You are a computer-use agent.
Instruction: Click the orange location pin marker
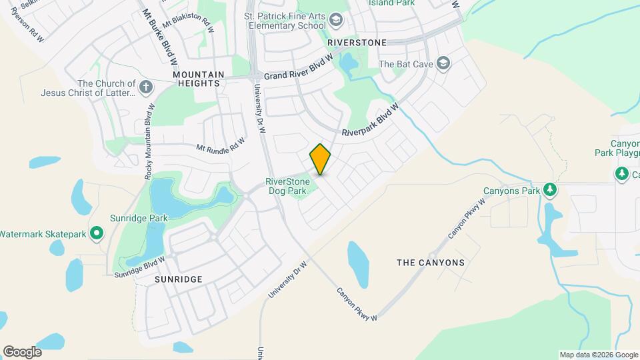(x=321, y=159)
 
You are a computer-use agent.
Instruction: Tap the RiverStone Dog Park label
(x=286, y=185)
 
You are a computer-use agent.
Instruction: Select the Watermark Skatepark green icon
(x=97, y=233)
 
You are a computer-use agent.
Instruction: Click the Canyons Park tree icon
(x=550, y=191)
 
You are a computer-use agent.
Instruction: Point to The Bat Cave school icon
(x=443, y=64)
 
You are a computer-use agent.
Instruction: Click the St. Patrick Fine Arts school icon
(x=337, y=22)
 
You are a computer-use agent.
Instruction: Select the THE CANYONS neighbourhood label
(x=431, y=263)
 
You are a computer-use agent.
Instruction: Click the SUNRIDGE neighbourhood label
(x=178, y=279)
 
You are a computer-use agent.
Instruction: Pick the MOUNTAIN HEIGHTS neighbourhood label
(x=196, y=79)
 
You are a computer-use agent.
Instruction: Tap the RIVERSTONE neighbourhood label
(x=357, y=42)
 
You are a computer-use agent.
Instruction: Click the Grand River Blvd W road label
(x=298, y=67)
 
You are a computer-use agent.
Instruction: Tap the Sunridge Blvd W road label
(x=139, y=266)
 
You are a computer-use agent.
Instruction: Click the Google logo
(x=22, y=351)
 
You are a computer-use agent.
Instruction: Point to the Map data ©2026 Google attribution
(x=597, y=355)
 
